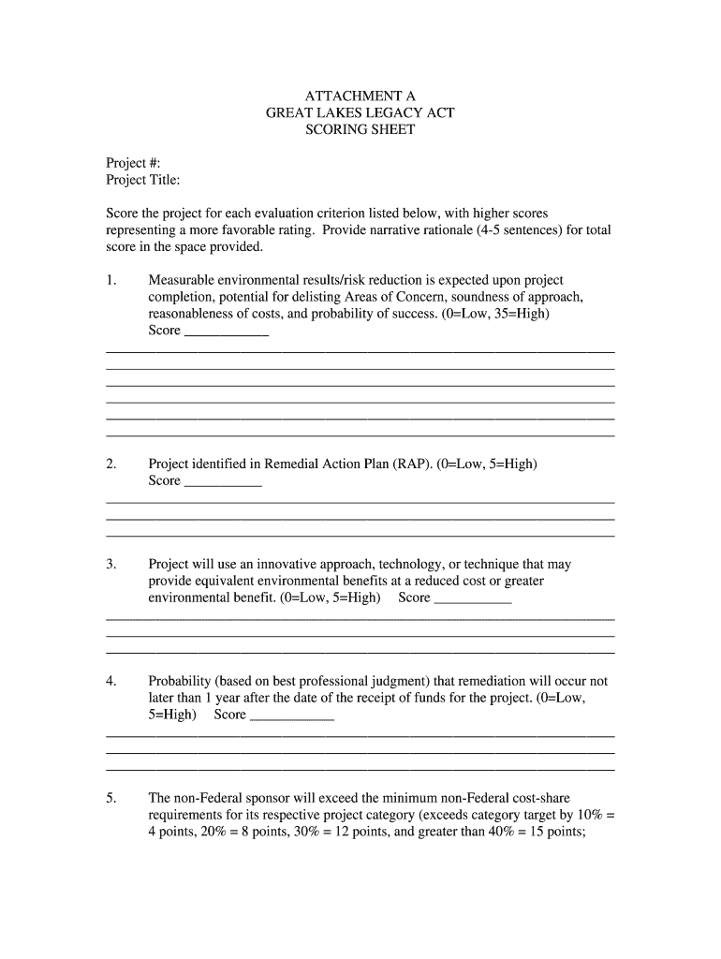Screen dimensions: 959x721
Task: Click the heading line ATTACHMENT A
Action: [x=360, y=96]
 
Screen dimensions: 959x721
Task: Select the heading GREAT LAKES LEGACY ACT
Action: [x=360, y=112]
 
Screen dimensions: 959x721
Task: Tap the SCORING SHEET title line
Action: [x=360, y=130]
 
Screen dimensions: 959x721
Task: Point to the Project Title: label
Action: [x=143, y=180]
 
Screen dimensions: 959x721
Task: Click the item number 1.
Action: [x=111, y=280]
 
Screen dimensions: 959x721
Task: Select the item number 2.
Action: [x=111, y=464]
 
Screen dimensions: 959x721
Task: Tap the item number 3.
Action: [x=111, y=564]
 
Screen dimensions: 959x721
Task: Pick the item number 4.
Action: [x=111, y=681]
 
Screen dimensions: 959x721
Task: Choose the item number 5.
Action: [x=111, y=798]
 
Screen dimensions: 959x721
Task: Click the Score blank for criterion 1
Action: [x=227, y=332]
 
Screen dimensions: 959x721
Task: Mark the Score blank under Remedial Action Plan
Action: [x=223, y=483]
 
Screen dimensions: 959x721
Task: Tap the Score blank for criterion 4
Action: [x=293, y=717]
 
